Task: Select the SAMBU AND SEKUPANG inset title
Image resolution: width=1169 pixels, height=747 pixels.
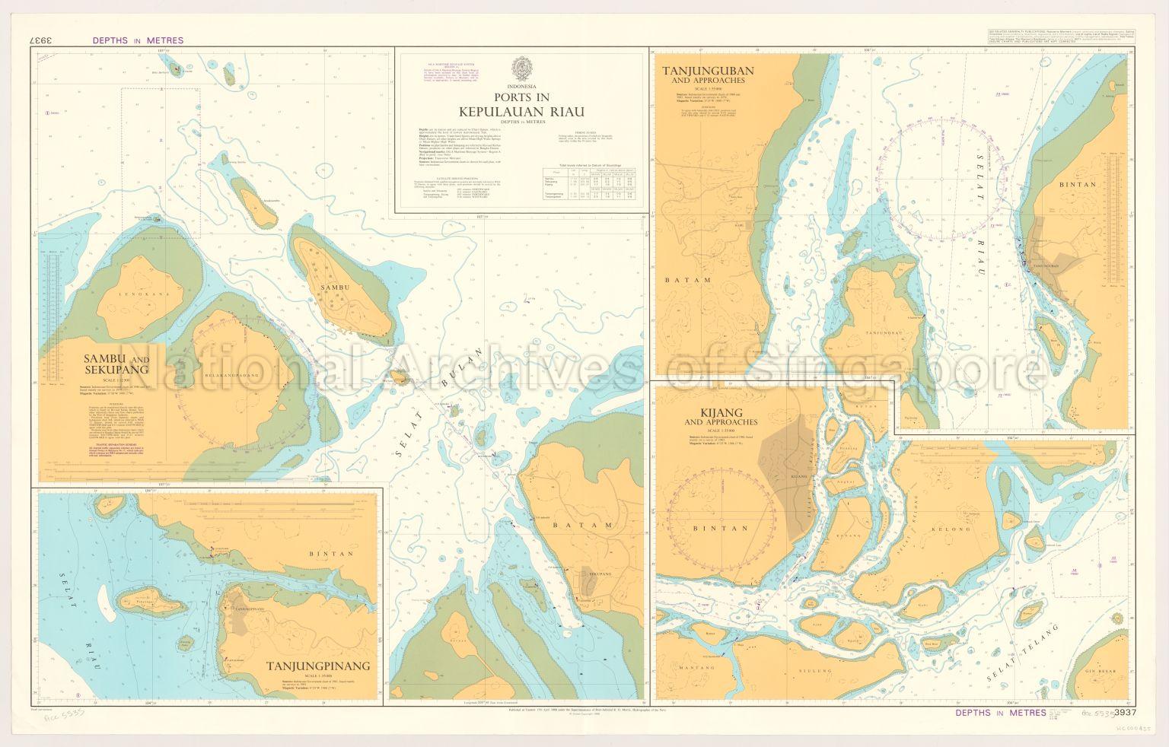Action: [x=116, y=364]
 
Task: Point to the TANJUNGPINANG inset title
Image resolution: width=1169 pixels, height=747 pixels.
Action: [x=318, y=666]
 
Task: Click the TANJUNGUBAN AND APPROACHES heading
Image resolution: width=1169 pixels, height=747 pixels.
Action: [x=708, y=75]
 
